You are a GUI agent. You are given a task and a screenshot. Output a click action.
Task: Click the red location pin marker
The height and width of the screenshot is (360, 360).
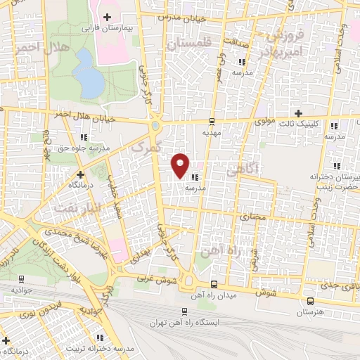coord(181,165)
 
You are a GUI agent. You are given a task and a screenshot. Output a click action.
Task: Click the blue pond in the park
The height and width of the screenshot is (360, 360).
coord(89,74)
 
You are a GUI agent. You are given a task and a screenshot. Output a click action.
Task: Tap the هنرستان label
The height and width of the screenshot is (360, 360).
coord(309,311)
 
